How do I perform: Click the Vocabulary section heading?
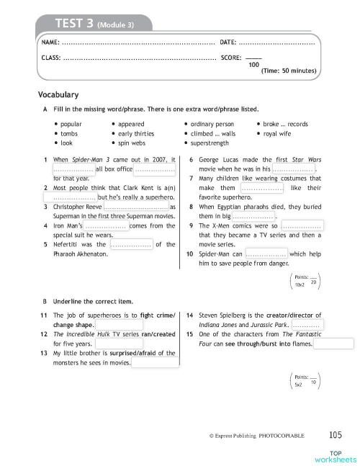(58, 94)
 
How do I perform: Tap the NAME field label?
(51, 44)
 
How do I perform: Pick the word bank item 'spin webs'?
(134, 143)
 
